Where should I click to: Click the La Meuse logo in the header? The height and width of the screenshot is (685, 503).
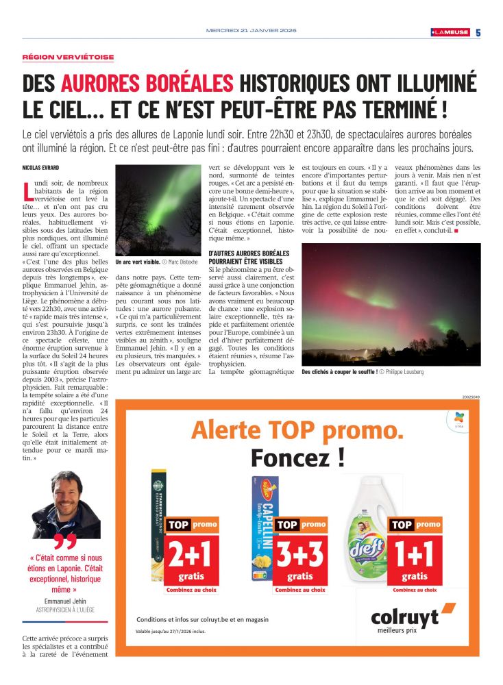[450, 32]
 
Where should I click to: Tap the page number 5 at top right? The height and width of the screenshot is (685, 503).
[478, 32]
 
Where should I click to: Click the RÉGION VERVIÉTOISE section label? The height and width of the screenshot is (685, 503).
[69, 58]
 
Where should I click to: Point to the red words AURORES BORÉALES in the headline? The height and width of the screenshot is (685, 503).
[147, 84]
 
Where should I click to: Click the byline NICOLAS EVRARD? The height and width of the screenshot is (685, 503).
[43, 168]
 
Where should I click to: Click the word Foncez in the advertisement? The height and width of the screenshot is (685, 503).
[297, 458]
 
